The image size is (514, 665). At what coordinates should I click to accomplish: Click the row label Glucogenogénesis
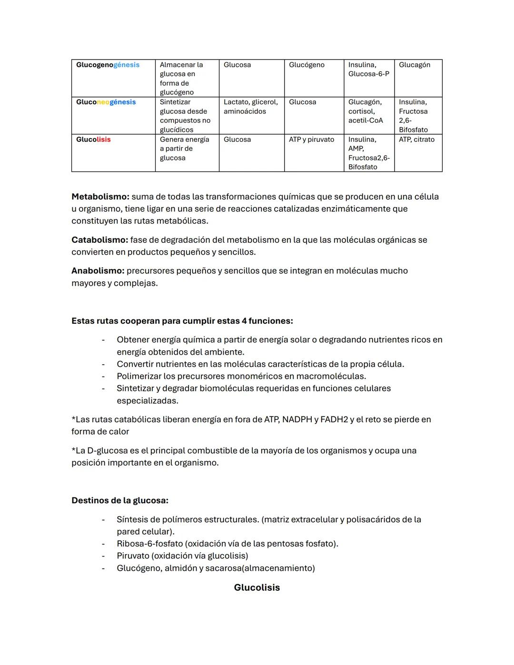[108, 65]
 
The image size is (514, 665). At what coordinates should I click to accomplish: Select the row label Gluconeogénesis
[106, 102]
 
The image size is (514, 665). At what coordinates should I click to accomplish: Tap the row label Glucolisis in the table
[93, 139]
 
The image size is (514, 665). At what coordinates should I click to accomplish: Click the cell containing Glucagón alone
[415, 65]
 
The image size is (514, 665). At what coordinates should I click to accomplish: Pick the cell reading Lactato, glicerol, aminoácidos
[251, 107]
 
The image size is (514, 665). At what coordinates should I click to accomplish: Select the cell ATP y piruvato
[311, 139]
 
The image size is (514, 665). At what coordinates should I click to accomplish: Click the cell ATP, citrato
[416, 139]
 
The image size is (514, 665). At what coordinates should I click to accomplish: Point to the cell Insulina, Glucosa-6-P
[368, 69]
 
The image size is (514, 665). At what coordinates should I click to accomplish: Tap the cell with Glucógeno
[306, 65]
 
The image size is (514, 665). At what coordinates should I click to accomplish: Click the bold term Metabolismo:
[100, 197]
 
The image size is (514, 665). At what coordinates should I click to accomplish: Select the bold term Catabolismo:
[99, 240]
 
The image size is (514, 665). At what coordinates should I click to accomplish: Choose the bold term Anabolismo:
[98, 271]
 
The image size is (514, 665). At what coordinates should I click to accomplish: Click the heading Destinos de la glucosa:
[120, 501]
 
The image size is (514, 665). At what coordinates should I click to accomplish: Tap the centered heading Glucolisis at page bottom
[257, 587]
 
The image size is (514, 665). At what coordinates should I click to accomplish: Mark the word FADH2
[334, 419]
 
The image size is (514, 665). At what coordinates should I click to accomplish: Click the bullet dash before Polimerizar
[103, 377]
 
